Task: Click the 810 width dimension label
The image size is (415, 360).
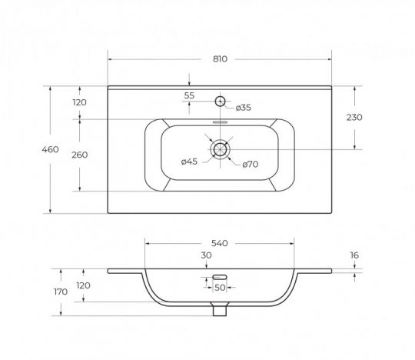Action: point(220,58)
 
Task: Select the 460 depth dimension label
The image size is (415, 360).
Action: point(50,149)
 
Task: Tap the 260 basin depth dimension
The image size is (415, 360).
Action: point(80,155)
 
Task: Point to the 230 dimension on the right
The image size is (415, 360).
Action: point(354,117)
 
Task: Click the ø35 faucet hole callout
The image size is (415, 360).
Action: point(243,108)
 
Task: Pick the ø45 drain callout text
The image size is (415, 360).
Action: point(190,162)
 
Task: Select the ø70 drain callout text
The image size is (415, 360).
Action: point(251,165)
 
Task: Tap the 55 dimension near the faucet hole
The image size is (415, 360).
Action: point(189,95)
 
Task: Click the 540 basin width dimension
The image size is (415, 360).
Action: point(220,243)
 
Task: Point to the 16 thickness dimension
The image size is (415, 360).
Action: point(354,255)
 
